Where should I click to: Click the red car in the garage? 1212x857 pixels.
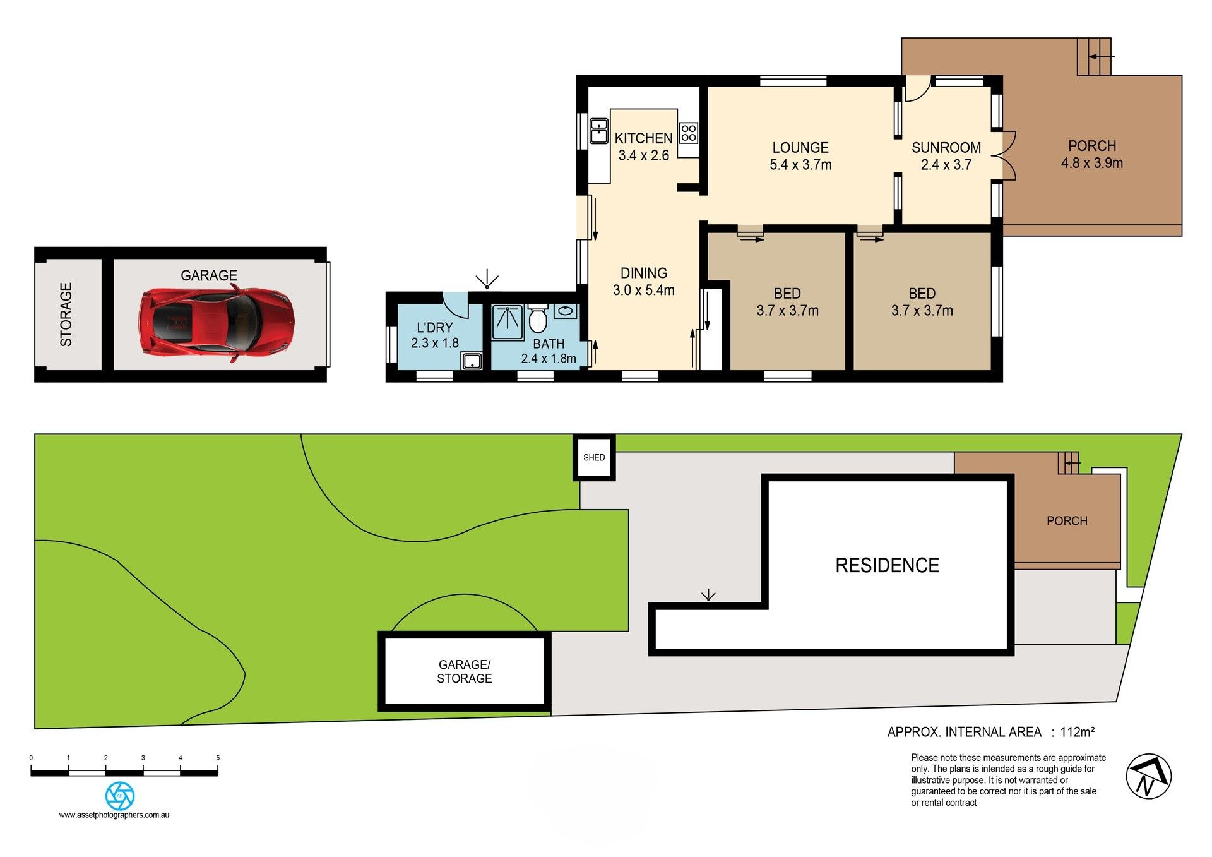click(x=217, y=321)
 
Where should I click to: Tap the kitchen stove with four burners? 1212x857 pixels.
click(x=689, y=133)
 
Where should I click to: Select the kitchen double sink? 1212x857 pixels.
click(x=598, y=131)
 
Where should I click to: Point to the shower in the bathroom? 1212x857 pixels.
click(x=508, y=322)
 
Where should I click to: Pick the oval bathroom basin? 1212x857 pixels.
click(x=566, y=311)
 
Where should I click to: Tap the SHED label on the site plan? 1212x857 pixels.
click(x=594, y=458)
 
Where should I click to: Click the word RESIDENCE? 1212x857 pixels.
click(x=887, y=565)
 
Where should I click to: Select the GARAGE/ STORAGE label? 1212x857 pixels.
click(x=465, y=671)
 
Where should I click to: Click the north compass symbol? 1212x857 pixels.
click(x=1149, y=776)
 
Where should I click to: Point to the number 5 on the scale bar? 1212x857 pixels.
click(x=218, y=758)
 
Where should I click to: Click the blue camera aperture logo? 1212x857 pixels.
click(x=119, y=796)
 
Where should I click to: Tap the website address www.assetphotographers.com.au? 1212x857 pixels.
click(x=114, y=815)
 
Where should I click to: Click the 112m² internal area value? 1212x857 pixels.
click(x=1078, y=732)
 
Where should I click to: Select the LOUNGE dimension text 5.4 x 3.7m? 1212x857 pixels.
click(x=800, y=165)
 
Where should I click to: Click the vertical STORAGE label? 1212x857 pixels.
click(x=66, y=315)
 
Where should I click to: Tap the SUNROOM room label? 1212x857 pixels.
click(x=946, y=148)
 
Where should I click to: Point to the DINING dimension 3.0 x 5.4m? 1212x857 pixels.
click(x=644, y=291)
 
